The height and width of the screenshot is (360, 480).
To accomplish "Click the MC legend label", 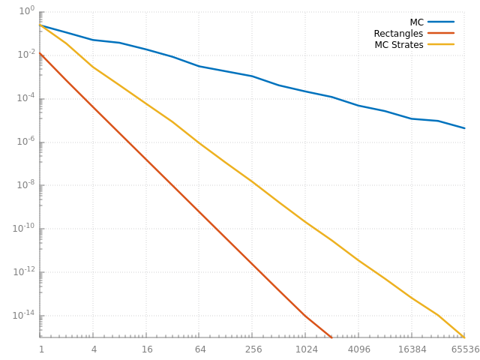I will pyautogui.click(x=416, y=22).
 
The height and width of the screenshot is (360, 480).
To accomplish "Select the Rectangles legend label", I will pyautogui.click(x=398, y=34).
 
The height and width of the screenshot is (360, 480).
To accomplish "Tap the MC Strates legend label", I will pyautogui.click(x=399, y=45).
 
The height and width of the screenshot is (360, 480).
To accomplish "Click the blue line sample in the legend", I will pyautogui.click(x=441, y=22).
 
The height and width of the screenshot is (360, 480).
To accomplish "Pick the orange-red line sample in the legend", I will pyautogui.click(x=441, y=34).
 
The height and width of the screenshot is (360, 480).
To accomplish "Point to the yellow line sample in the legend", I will pyautogui.click(x=441, y=45).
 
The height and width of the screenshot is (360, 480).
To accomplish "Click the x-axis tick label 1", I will pyautogui.click(x=41, y=349).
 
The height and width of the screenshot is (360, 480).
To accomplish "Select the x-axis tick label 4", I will pyautogui.click(x=94, y=349).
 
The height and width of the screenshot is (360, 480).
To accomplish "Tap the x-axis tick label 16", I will pyautogui.click(x=146, y=349).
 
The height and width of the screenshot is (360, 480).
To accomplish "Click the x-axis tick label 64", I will pyautogui.click(x=199, y=349).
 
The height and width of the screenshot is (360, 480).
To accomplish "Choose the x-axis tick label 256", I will pyautogui.click(x=253, y=349).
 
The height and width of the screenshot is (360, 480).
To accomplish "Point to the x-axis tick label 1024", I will pyautogui.click(x=306, y=349).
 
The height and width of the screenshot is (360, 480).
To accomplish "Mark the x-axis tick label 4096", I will pyautogui.click(x=359, y=349).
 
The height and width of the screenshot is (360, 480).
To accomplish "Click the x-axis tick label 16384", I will pyautogui.click(x=412, y=349).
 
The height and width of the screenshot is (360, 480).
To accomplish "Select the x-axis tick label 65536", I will pyautogui.click(x=465, y=349).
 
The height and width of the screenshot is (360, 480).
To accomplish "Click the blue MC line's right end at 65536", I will pyautogui.click(x=464, y=128).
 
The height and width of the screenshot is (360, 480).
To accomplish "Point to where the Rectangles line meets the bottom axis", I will pyautogui.click(x=331, y=337).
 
